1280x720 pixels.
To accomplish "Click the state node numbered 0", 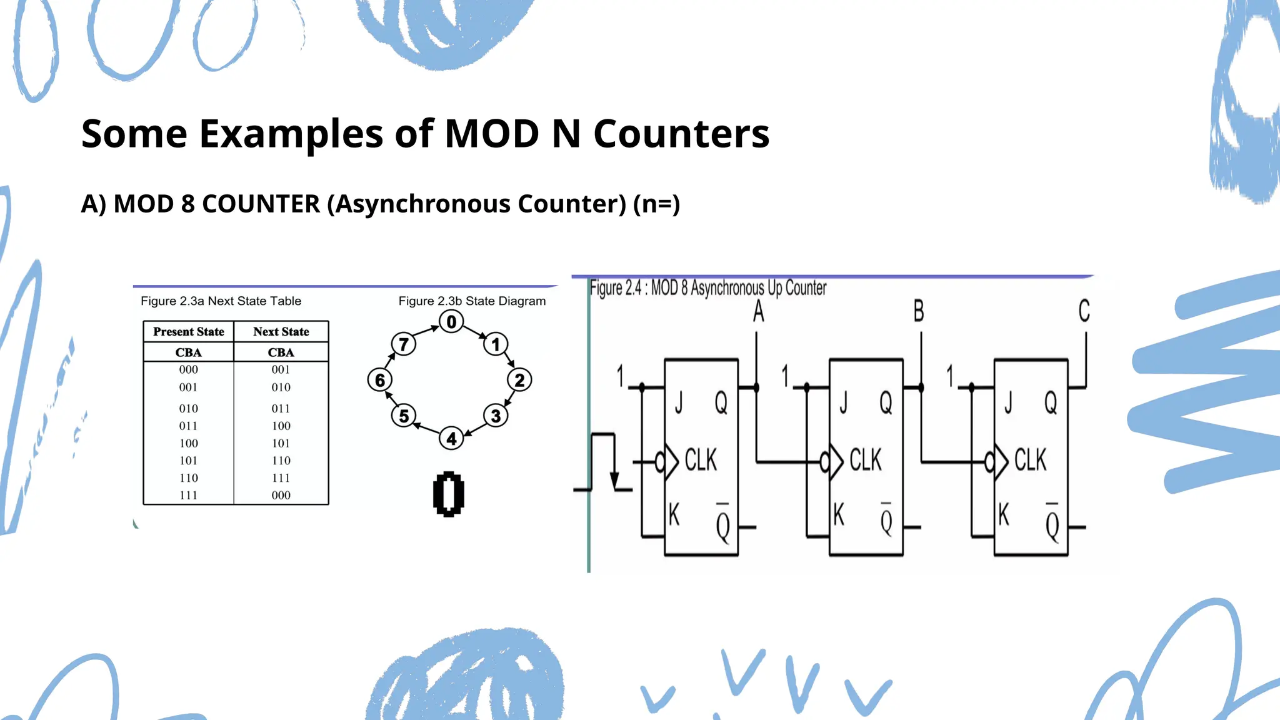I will [x=451, y=322].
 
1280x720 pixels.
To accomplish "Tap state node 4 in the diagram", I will [x=451, y=438].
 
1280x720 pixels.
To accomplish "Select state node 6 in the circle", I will [x=380, y=380].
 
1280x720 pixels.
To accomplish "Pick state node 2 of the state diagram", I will [x=519, y=380].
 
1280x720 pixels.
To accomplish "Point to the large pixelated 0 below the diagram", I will [x=449, y=494].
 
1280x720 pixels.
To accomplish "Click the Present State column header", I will [x=188, y=332].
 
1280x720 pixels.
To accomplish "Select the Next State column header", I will [x=281, y=332].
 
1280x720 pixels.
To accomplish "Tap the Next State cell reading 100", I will [x=281, y=426].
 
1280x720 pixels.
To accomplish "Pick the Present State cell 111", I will [x=188, y=495].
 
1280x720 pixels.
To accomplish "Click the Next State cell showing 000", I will [x=281, y=495].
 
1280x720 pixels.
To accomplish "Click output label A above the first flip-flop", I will [x=758, y=311].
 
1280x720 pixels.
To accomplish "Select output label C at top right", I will [x=1084, y=311].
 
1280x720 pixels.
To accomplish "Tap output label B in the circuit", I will [x=918, y=311].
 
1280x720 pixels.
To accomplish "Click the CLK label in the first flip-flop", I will [x=701, y=460].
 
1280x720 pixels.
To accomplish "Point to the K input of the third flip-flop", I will [x=1004, y=515].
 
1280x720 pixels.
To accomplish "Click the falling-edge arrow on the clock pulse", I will [x=614, y=480].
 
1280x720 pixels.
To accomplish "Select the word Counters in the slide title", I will [x=681, y=134].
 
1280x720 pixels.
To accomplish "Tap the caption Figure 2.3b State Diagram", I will [x=472, y=301].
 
